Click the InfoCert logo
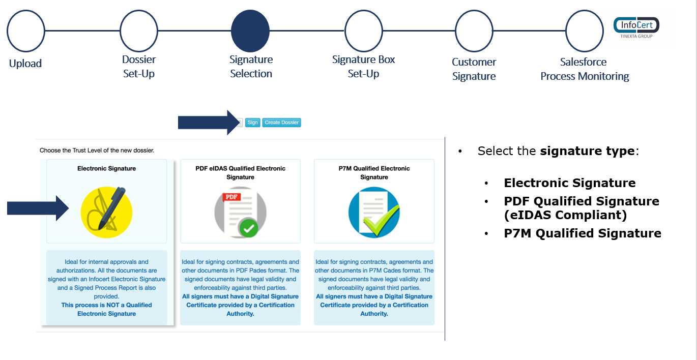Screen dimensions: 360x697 click(636, 27)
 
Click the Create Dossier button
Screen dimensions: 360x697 click(282, 123)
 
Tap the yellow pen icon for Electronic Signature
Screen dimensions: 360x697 click(106, 213)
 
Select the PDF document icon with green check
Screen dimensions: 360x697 click(240, 213)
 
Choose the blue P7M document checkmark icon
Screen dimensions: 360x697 click(374, 213)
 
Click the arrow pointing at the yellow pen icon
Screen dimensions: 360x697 click(38, 208)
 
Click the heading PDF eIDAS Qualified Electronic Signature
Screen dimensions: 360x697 click(240, 173)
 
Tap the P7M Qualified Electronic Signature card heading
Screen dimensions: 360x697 click(374, 173)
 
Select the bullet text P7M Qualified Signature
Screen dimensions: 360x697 click(583, 233)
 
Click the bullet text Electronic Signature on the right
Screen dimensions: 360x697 click(570, 183)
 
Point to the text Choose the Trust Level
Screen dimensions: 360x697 click(97, 151)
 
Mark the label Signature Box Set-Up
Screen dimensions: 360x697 click(363, 67)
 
